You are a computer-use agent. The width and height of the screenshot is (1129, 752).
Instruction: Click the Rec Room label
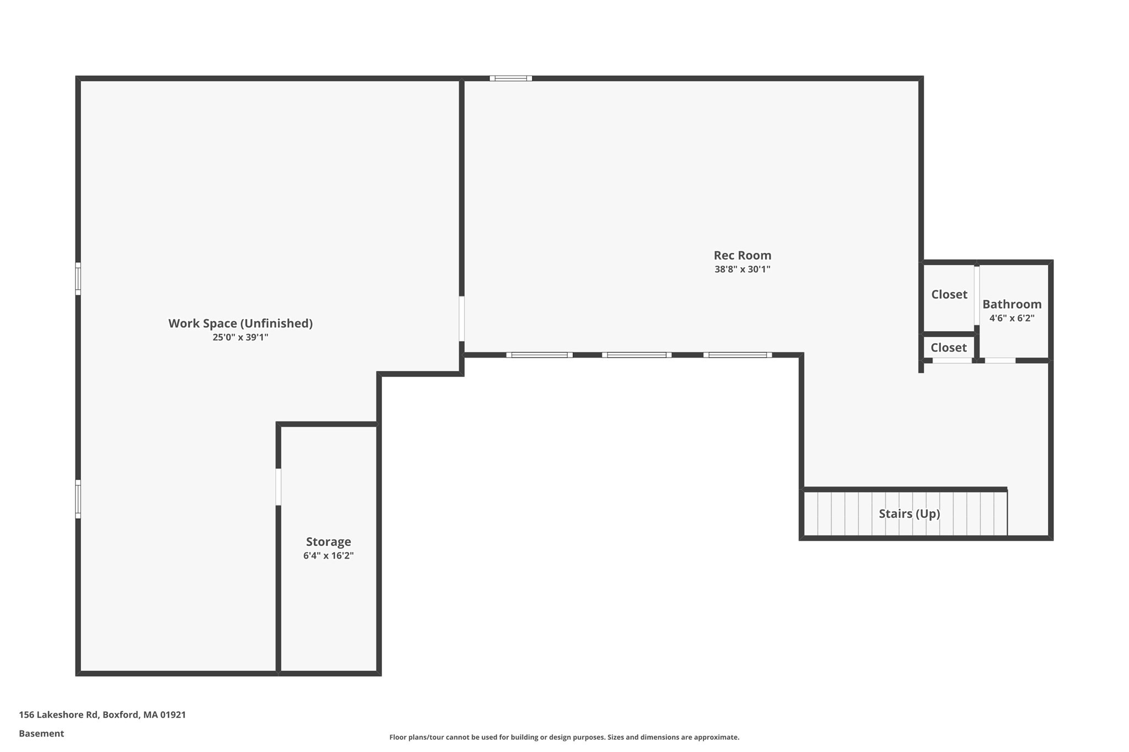click(742, 255)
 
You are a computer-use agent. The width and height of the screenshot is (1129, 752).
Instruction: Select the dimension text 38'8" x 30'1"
click(742, 269)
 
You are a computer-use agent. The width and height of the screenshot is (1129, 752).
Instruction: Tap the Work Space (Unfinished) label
click(240, 323)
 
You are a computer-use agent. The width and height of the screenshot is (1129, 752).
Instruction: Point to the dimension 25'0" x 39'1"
click(240, 337)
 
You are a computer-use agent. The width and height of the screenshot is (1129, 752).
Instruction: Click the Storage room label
click(329, 542)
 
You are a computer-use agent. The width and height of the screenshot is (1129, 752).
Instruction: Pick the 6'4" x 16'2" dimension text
click(329, 556)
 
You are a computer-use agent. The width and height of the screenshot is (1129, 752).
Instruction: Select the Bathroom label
click(1012, 304)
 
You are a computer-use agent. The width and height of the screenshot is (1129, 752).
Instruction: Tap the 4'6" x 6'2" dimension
click(1012, 318)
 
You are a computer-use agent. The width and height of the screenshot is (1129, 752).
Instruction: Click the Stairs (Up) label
click(909, 514)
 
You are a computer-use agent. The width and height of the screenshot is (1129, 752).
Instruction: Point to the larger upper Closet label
click(949, 294)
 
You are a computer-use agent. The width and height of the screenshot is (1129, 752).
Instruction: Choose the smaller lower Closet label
click(948, 348)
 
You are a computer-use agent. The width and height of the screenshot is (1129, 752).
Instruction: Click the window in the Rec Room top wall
click(510, 78)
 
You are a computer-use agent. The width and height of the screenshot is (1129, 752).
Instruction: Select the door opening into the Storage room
click(278, 486)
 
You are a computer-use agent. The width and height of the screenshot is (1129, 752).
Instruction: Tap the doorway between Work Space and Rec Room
click(461, 318)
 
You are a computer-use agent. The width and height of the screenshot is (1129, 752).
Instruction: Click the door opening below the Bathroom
click(1000, 360)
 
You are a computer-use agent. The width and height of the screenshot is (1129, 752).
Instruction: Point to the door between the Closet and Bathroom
click(976, 296)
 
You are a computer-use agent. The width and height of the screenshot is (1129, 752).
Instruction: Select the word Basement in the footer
click(41, 733)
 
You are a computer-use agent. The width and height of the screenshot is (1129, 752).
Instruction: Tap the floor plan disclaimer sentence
click(564, 737)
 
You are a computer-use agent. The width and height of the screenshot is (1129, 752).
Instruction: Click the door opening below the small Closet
click(952, 360)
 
